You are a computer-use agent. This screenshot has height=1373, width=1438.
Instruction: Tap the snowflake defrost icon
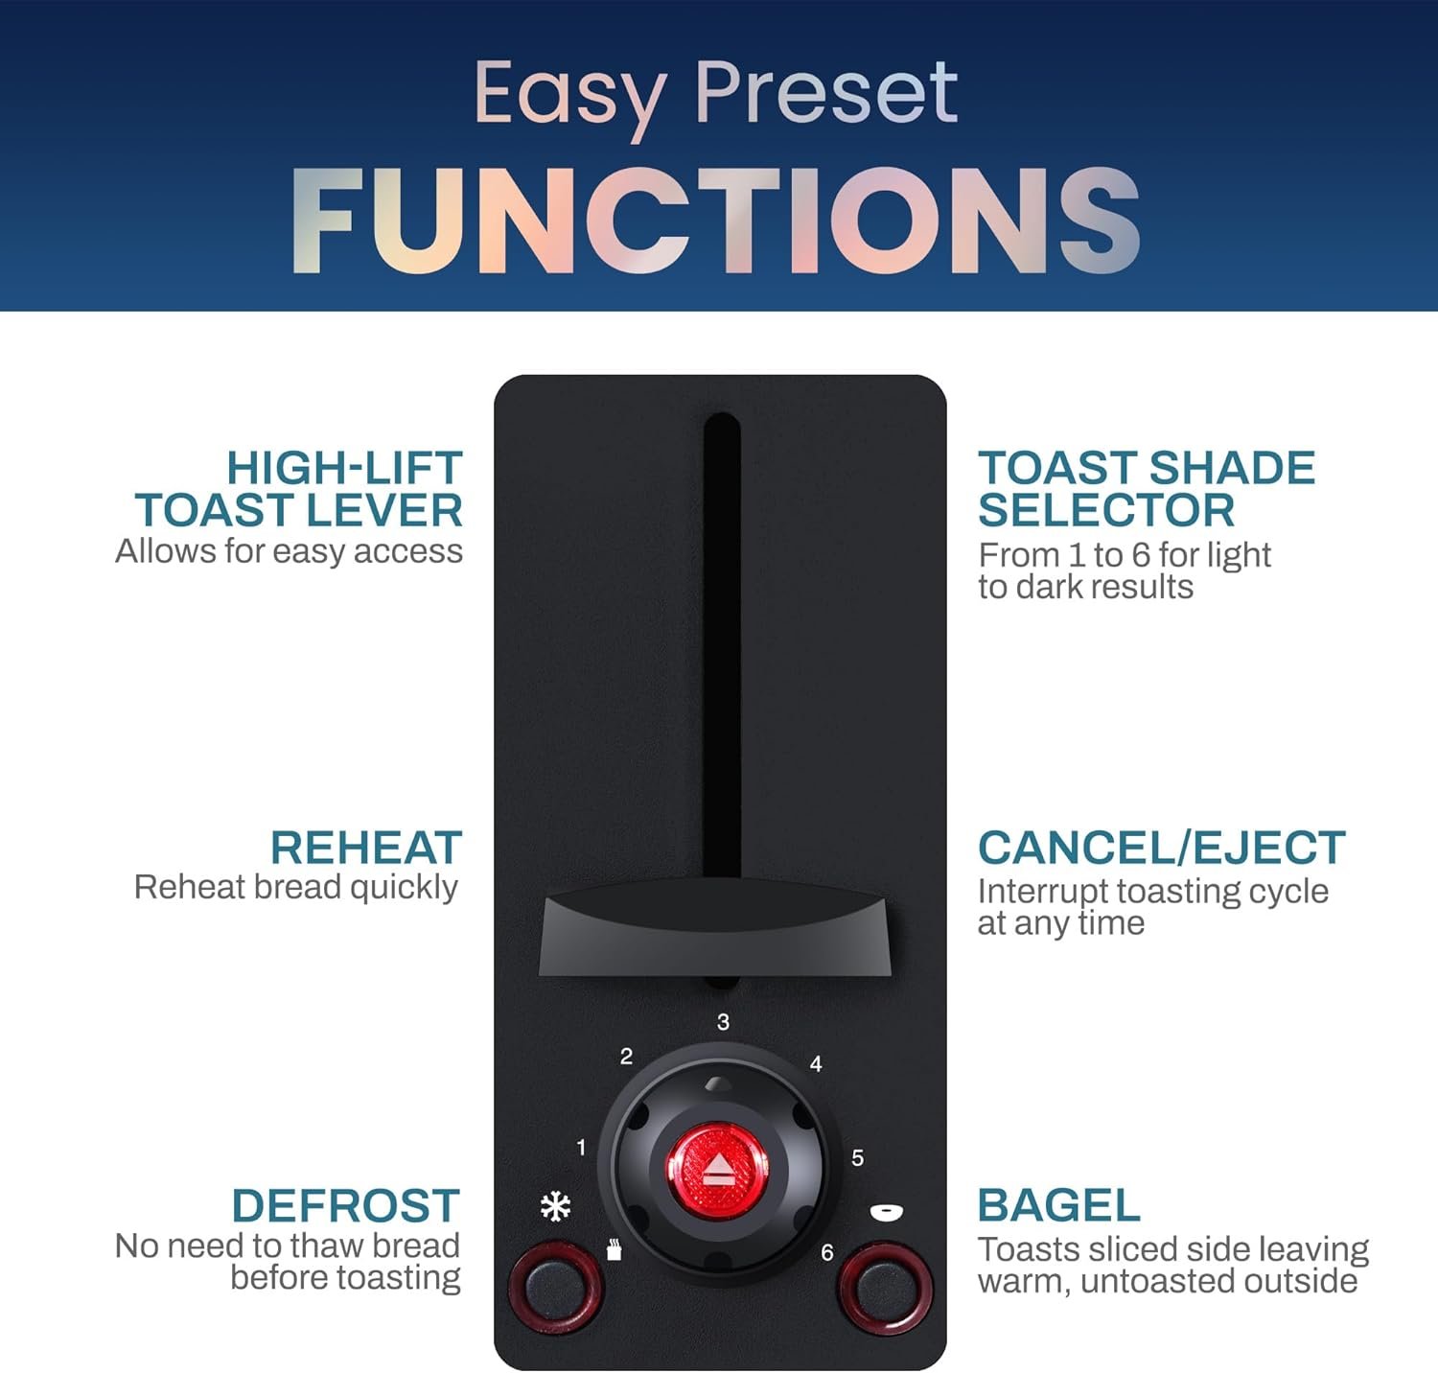[556, 1206]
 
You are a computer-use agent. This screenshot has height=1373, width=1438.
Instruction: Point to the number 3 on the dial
[723, 1022]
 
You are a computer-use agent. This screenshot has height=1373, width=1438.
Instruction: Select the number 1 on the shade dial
[581, 1147]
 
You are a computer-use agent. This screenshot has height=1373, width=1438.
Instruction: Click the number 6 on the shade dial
[826, 1252]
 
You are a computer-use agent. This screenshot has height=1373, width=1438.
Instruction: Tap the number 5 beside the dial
[857, 1158]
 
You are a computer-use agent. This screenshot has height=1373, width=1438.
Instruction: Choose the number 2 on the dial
[626, 1057]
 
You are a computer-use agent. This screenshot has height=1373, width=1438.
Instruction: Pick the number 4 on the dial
[816, 1063]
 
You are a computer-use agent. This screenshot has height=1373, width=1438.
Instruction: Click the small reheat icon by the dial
[615, 1250]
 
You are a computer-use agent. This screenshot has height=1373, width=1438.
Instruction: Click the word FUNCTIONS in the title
[716, 221]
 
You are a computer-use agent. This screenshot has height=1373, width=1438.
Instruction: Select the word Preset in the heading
[825, 94]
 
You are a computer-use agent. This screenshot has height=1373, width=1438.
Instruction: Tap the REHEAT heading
[366, 848]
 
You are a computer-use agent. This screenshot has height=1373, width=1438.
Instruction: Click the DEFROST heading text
[345, 1205]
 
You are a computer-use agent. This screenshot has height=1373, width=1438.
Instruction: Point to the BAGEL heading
[1059, 1205]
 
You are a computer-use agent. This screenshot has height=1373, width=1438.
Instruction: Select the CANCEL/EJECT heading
[1162, 848]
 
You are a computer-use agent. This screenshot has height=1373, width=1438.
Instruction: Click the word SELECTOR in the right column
[1106, 510]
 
